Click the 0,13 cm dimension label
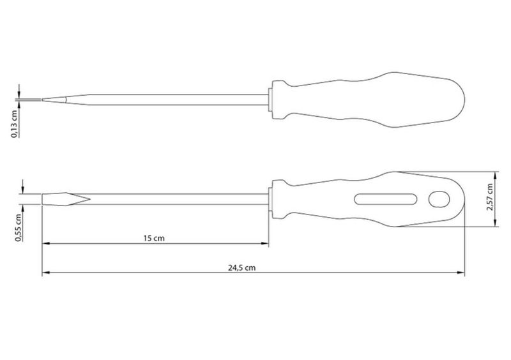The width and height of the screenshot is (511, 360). (14, 124)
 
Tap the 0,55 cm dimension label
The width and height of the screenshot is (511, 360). (19, 227)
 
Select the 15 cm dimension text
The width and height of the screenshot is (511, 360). (154, 238)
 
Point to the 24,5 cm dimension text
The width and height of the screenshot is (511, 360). (241, 268)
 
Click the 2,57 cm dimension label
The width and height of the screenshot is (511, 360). (489, 197)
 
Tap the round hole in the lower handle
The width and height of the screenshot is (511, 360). (439, 199)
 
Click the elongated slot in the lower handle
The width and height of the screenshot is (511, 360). (386, 199)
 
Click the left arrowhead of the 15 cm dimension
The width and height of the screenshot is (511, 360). (45, 243)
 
